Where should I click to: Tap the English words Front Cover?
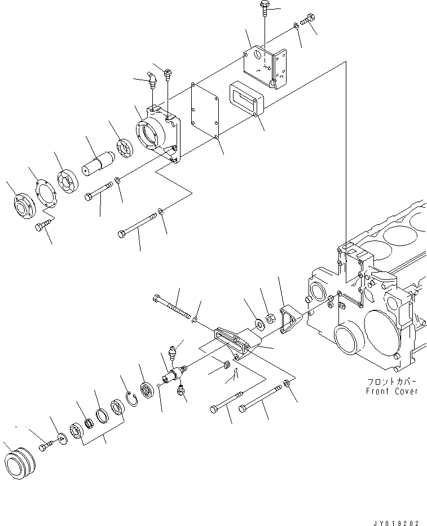click(392, 391)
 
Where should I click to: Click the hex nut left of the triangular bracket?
click(270, 319)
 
